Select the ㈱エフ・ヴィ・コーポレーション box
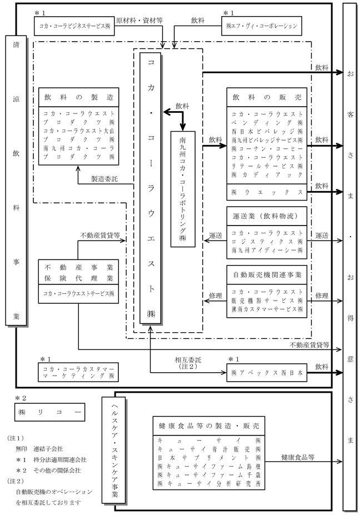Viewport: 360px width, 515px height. point(262,26)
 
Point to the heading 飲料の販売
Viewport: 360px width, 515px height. point(266,97)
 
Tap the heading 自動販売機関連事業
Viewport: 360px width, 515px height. point(266,275)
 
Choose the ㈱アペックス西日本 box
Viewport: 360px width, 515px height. point(266,374)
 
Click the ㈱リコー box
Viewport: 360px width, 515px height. point(49,413)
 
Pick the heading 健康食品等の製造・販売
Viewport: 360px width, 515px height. point(208,426)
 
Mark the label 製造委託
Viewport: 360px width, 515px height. point(106,179)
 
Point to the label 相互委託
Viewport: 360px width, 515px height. point(184,358)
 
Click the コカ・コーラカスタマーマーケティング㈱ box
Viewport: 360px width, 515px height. point(77,372)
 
